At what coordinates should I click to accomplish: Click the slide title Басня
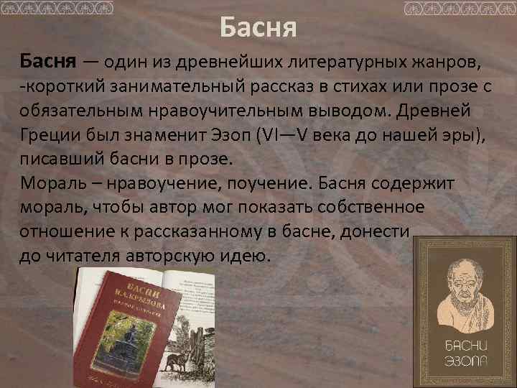pos(258,30)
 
